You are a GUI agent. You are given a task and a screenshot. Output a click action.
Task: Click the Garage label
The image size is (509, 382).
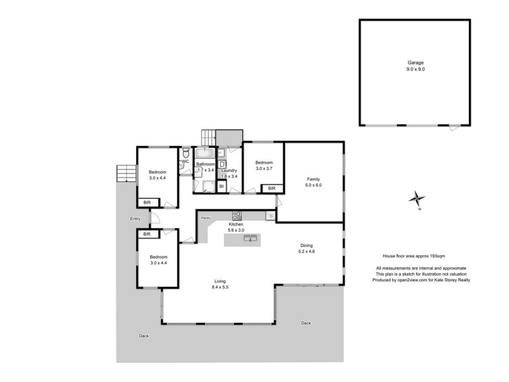click(415, 64)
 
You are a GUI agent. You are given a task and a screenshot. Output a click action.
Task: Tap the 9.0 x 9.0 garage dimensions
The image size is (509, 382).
click(415, 69)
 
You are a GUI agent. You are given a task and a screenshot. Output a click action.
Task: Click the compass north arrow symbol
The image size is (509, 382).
click(417, 199)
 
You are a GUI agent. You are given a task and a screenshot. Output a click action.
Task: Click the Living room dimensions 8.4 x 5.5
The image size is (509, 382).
click(220, 288)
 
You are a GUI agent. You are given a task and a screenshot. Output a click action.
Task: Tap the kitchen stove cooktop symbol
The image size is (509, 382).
click(237, 215)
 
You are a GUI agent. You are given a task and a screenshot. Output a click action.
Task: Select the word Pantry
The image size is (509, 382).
click(206, 218)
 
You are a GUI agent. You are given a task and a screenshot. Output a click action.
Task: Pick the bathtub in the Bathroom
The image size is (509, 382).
click(205, 153)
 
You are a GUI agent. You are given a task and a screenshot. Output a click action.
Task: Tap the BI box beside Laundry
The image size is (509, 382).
click(221, 187)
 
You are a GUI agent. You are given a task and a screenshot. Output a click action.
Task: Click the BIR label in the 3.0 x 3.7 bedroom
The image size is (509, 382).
click(272, 188)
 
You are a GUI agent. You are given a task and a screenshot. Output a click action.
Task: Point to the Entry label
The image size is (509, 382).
click(135, 219)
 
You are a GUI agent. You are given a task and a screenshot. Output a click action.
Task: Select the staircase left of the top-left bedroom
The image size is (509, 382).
click(126, 174)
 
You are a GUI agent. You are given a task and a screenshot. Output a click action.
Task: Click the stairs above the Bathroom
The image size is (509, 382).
click(209, 138)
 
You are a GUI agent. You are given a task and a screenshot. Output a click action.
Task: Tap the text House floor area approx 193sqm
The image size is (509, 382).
click(409, 255)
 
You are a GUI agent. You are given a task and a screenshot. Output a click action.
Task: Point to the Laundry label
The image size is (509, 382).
click(229, 170)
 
